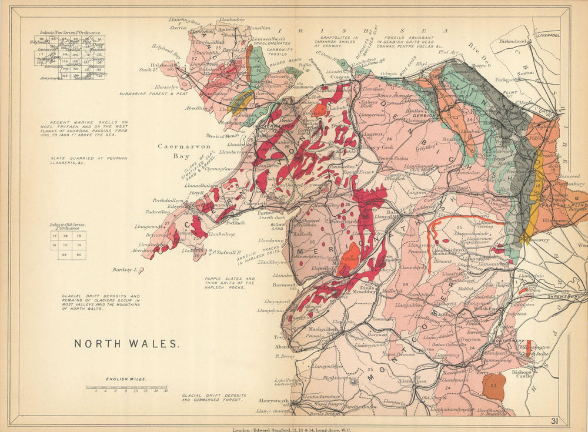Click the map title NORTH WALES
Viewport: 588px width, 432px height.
point(126,343)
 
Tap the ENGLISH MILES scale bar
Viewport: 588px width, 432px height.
point(126,387)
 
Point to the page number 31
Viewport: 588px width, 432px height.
point(554,420)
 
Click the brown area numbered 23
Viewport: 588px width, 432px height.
point(493,386)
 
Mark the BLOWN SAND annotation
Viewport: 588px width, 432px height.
point(278,226)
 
